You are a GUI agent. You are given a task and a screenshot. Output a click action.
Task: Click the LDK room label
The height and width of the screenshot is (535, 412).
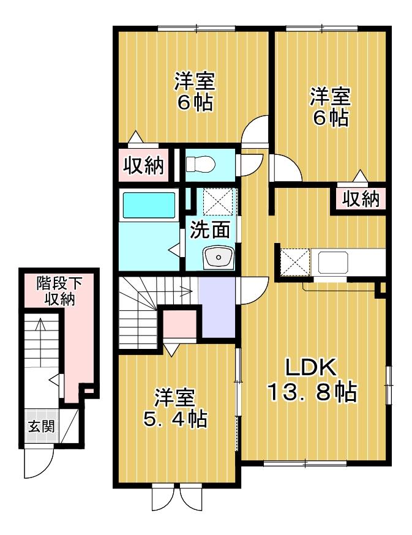(310, 369)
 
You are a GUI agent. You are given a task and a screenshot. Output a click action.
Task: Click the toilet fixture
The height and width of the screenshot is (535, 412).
(200, 164)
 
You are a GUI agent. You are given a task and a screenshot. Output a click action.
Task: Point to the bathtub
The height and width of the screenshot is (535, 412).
(149, 204)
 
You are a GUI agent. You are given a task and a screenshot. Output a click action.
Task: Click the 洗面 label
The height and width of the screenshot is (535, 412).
(210, 230)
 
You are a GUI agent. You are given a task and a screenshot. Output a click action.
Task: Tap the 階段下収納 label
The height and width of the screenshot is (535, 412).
(59, 291)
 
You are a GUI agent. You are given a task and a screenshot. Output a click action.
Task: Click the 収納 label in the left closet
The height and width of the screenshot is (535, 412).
(144, 165)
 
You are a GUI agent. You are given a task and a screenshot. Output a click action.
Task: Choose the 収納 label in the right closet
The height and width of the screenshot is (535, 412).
(360, 199)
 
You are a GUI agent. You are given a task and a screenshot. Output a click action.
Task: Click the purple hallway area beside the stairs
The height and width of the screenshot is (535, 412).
(217, 306)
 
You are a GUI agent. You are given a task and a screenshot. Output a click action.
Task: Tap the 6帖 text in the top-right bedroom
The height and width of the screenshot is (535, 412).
(331, 116)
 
